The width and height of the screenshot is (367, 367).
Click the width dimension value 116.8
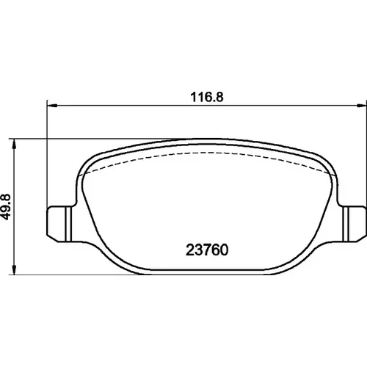tap(207, 97)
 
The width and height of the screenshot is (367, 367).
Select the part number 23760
tap(207, 250)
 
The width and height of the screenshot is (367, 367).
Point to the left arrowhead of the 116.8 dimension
tap(52, 106)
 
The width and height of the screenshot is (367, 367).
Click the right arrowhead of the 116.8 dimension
tap(361, 106)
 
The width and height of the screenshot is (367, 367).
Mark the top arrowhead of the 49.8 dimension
tap(15, 145)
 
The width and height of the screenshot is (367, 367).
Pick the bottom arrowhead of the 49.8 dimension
tap(15, 269)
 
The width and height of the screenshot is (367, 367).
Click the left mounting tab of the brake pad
tap(61, 224)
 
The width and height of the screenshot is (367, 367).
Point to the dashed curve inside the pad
tap(207, 153)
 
